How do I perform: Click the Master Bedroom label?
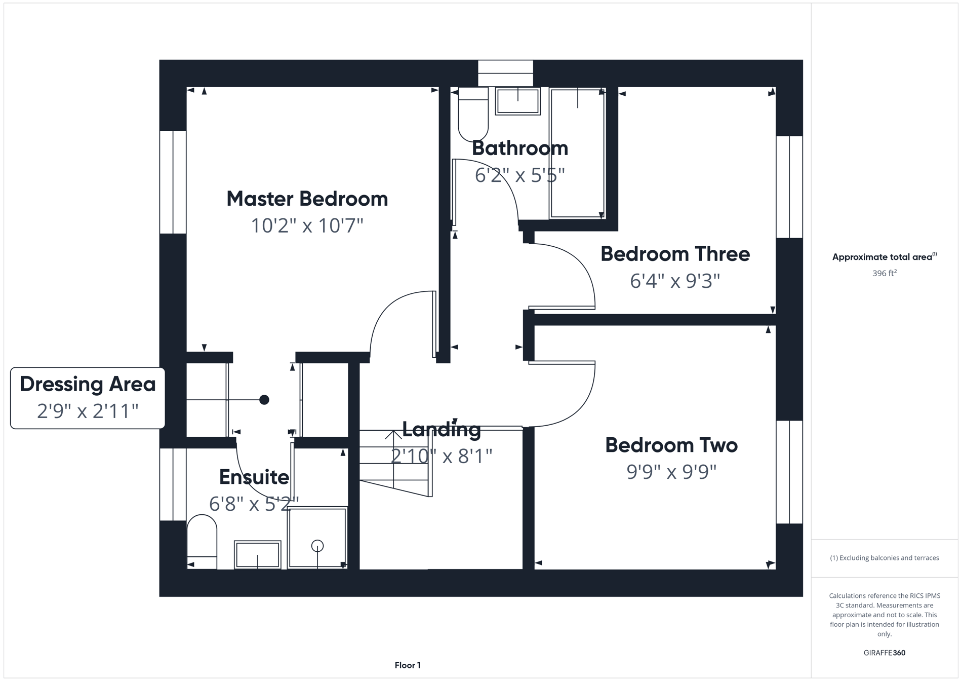307,199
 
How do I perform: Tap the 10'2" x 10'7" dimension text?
307,225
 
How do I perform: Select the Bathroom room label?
520,148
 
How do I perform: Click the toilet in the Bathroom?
473,116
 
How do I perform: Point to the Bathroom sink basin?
517,101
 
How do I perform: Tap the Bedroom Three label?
675,254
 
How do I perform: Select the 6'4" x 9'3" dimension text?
675,280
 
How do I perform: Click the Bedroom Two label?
671,445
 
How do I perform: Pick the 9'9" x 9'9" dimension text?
671,472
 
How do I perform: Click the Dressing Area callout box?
88,398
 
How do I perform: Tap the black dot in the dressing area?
264,400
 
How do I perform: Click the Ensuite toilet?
202,542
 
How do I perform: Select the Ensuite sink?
257,554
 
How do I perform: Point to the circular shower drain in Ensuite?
317,546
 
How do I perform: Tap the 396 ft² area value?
884,273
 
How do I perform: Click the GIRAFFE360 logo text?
884,653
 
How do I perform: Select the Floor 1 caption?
408,665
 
